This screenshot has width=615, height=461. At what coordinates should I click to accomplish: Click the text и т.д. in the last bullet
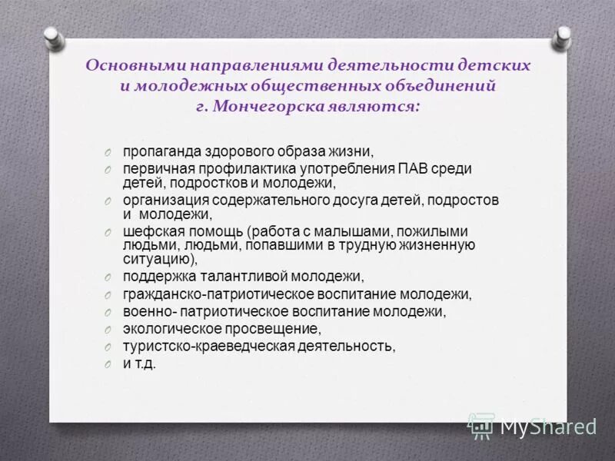click(x=139, y=363)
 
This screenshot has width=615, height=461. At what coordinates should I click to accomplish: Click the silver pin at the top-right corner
click(x=563, y=35)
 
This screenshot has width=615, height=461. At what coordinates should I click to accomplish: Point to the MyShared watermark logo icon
click(x=481, y=425)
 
